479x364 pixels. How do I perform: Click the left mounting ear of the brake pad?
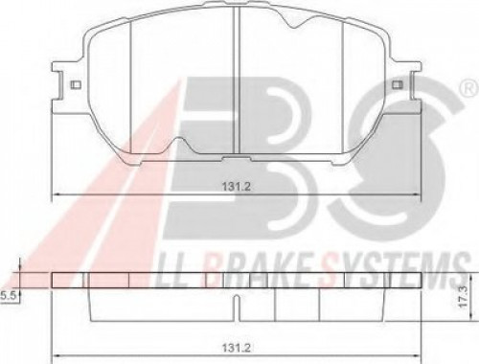click(x=68, y=86)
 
